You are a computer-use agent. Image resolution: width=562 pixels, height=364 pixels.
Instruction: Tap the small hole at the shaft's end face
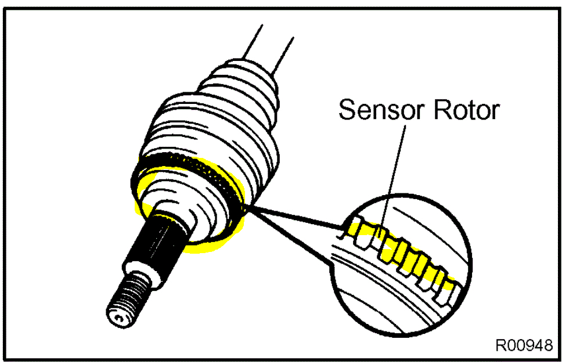point(118,318)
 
